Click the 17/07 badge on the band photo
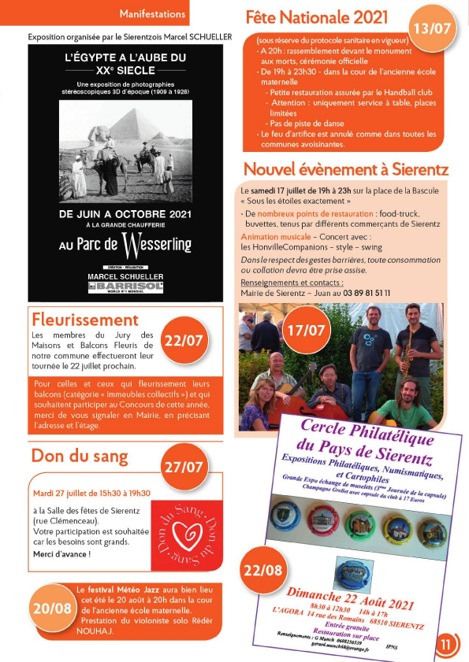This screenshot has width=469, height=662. [304, 330]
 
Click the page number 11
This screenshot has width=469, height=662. [447, 645]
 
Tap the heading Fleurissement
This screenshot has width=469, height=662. [85, 320]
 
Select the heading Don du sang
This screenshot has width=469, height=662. [78, 456]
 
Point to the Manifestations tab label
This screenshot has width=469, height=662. [152, 13]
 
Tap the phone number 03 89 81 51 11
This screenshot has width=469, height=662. [359, 293]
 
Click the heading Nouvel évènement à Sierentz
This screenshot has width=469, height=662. [346, 169]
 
